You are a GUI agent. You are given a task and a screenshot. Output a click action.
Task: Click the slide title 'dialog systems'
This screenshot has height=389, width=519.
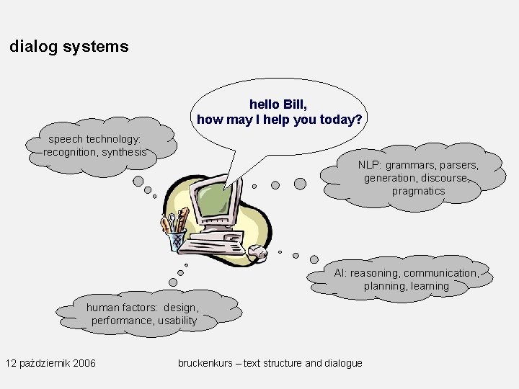[x=69, y=47]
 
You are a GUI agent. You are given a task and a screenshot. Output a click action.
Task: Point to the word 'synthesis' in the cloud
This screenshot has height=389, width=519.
[x=124, y=152]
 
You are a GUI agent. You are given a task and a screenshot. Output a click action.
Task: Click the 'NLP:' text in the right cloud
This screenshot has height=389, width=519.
[x=371, y=165]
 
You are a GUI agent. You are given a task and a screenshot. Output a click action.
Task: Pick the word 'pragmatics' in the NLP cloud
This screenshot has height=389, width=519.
[x=418, y=191]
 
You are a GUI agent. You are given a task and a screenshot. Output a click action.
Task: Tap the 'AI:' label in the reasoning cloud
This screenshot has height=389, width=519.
[x=340, y=273]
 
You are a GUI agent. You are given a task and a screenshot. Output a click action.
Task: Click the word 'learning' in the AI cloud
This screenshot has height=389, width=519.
[x=430, y=286]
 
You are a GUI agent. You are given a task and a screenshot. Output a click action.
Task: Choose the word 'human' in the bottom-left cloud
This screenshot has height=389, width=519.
[x=103, y=308]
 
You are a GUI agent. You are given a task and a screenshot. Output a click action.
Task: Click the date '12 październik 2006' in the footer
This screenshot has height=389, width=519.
[x=50, y=362]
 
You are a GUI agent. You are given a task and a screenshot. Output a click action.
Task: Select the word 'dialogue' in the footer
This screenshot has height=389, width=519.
[x=343, y=363]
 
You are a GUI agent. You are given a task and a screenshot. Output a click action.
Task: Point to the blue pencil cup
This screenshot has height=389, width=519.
[x=177, y=239]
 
